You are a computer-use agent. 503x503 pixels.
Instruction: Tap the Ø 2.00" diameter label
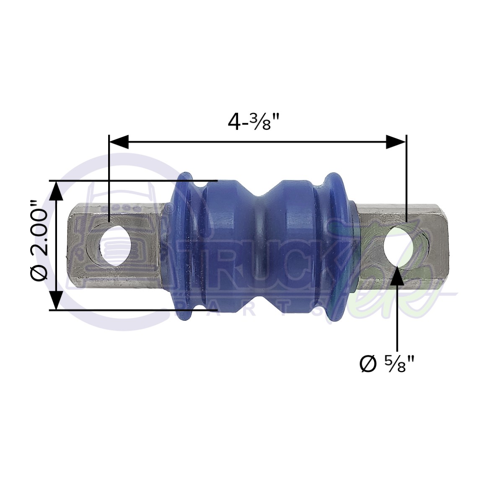click(41, 244)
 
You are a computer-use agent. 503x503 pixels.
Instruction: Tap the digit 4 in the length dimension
click(233, 122)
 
